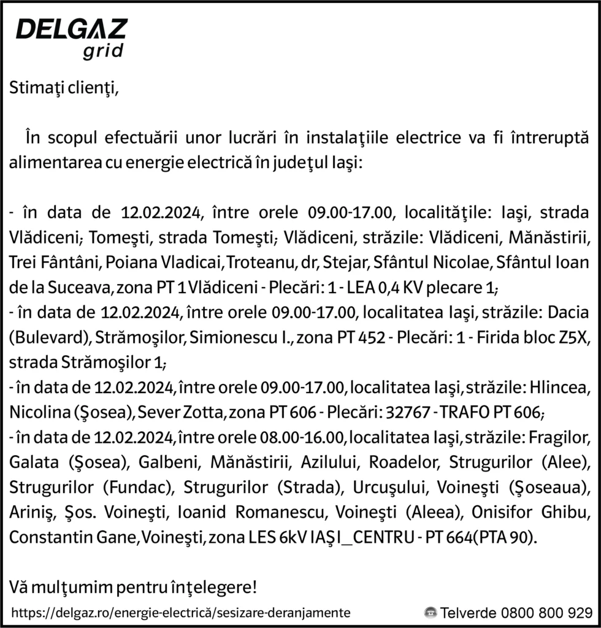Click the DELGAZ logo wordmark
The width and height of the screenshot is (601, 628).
click(x=71, y=29)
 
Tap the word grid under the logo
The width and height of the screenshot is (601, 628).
click(x=103, y=50)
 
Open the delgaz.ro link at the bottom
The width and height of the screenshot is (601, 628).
click(x=181, y=613)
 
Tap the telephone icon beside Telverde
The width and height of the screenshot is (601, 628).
click(x=431, y=613)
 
